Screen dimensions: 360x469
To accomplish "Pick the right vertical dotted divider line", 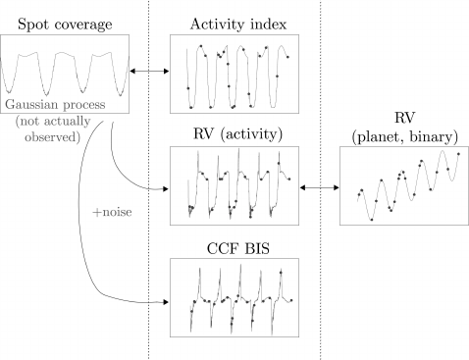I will coord(321,294).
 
